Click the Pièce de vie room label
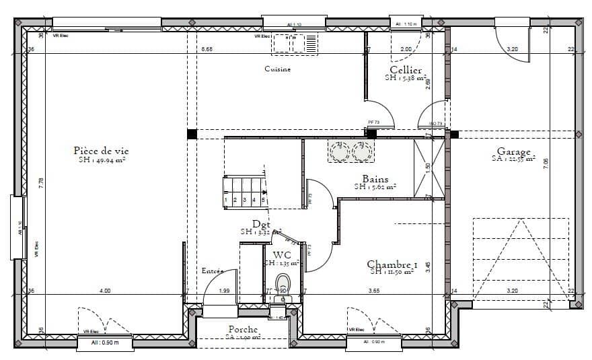[100, 151]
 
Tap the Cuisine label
[277, 69]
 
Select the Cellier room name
[406, 70]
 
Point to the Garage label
[513, 152]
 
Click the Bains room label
[375, 179]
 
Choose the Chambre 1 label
[392, 264]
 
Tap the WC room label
[282, 254]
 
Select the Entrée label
[213, 271]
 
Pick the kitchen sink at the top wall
[294, 44]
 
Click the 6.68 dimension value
[207, 49]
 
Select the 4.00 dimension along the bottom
[105, 291]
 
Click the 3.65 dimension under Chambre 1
[374, 291]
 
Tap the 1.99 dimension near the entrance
[225, 291]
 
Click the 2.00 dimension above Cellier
[406, 49]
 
